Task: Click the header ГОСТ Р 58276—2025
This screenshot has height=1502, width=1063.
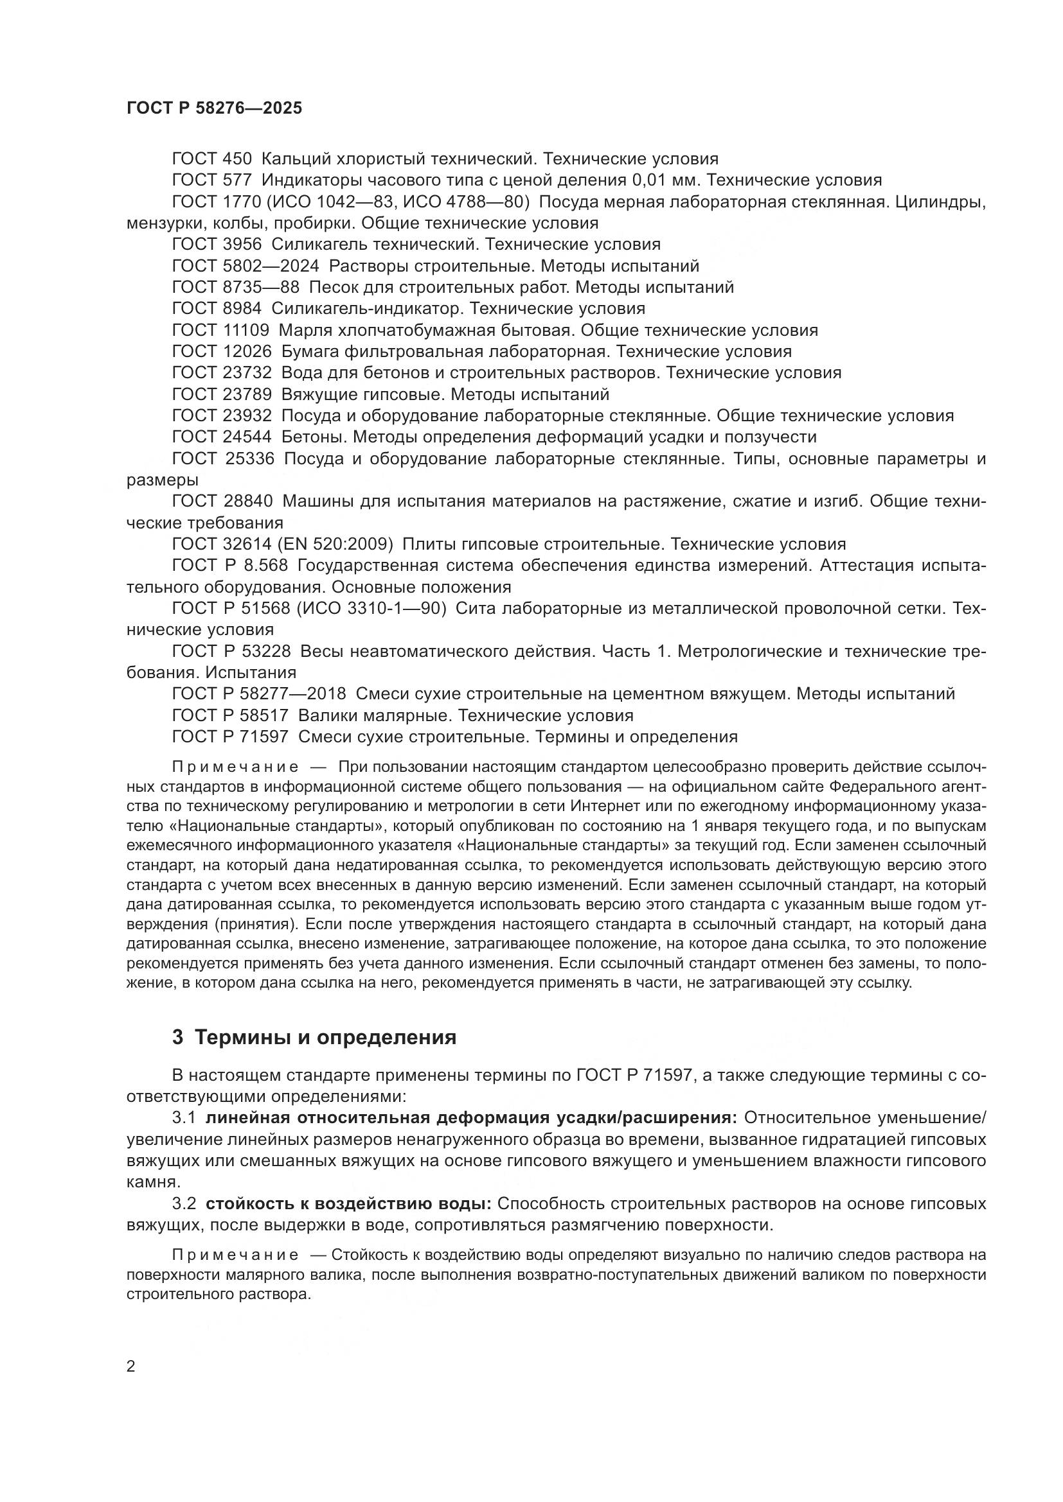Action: [x=214, y=109]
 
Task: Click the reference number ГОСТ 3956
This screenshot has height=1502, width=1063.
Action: [x=217, y=245]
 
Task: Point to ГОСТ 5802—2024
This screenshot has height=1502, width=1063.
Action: [x=246, y=266]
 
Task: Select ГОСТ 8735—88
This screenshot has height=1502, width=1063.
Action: [x=236, y=288]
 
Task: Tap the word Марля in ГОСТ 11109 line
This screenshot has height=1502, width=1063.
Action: [x=307, y=330]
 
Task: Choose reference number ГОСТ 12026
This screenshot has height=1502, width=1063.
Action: [x=222, y=352]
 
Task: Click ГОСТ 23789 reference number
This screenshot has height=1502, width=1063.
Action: [x=222, y=395]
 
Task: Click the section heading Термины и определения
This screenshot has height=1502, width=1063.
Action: [x=325, y=1038]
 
